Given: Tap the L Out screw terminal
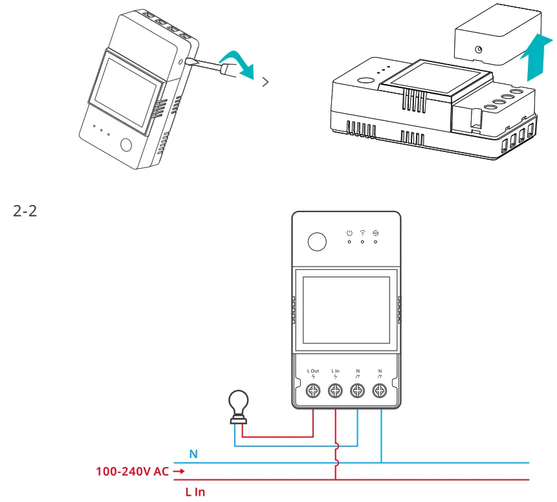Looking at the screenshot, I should pyautogui.click(x=313, y=391).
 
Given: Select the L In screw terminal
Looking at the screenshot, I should pyautogui.click(x=335, y=391).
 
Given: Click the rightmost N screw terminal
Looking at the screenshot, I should pyautogui.click(x=380, y=391).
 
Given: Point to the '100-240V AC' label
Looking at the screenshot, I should pyautogui.click(x=133, y=472).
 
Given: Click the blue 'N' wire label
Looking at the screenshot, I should pyautogui.click(x=193, y=454).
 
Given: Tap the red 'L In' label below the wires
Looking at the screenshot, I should pyautogui.click(x=195, y=492).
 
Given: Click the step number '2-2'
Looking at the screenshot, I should pyautogui.click(x=25, y=212).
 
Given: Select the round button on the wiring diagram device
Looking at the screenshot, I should pyautogui.click(x=317, y=242).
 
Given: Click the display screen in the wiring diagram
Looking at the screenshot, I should pyautogui.click(x=344, y=311).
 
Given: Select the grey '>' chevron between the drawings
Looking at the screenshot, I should pyautogui.click(x=265, y=82).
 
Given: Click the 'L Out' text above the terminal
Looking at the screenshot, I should pyautogui.click(x=313, y=371).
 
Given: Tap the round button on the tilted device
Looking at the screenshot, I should pyautogui.click(x=127, y=145).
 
